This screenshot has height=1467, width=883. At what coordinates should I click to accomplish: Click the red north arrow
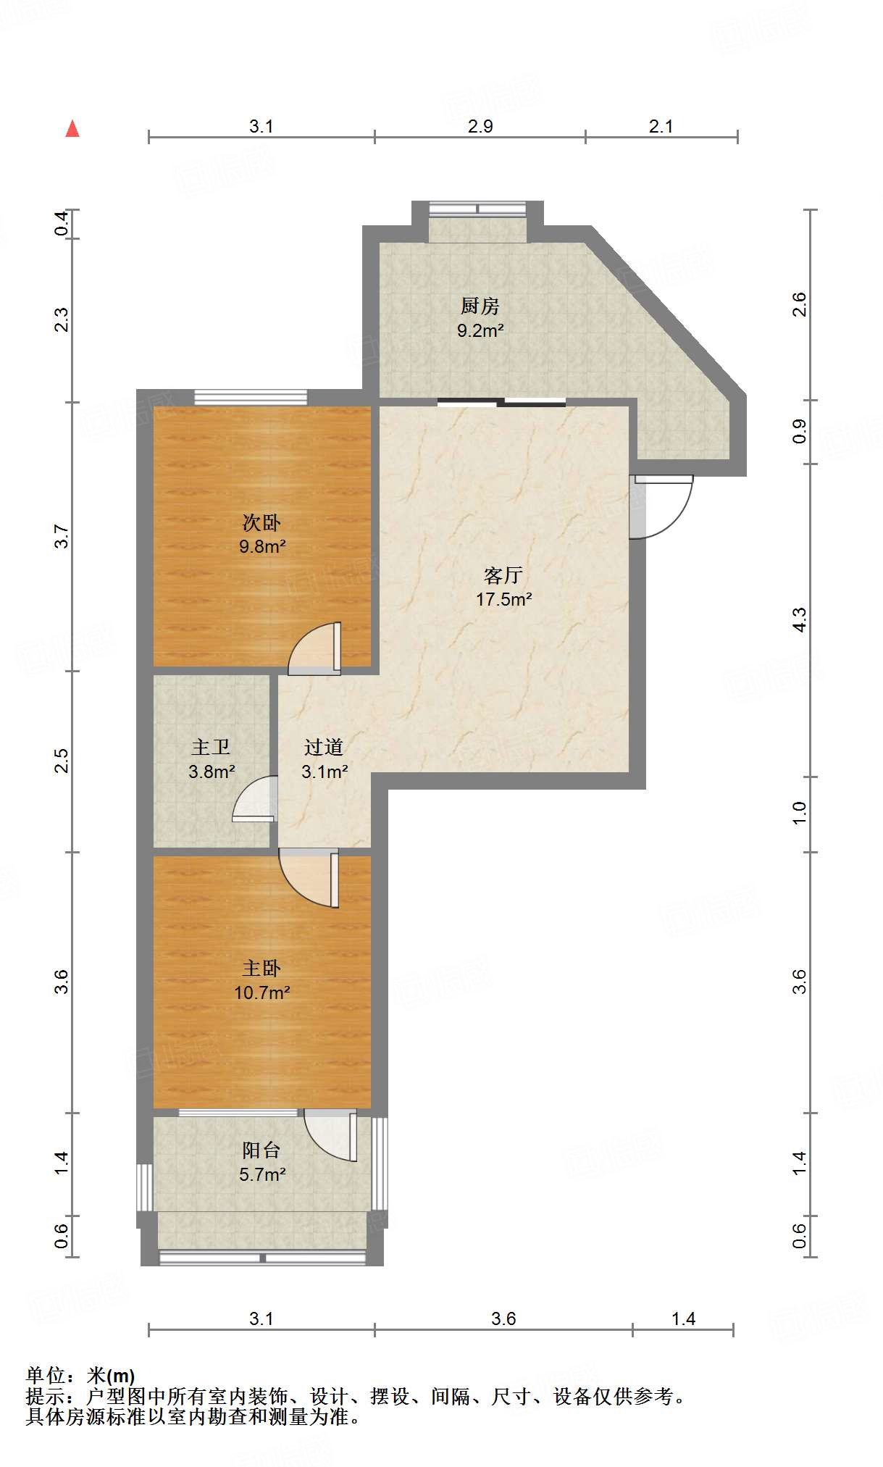72,129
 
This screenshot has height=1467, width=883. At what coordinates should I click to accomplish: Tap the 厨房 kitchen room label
480,306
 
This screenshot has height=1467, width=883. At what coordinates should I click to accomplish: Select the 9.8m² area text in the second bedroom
262,546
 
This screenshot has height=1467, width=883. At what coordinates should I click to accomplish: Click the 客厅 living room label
503,576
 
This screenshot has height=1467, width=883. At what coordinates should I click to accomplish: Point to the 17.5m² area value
503,599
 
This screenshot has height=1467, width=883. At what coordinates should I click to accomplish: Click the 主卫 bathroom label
211,748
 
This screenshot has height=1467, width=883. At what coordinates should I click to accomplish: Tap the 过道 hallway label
324,748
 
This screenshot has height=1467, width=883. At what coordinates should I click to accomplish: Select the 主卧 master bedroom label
261,969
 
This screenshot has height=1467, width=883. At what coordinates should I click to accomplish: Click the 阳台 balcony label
261,1150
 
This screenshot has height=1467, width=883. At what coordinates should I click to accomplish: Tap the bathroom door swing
255,798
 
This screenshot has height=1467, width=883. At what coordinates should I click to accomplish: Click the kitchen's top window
477,209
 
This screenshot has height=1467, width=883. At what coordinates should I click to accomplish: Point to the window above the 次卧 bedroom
251,397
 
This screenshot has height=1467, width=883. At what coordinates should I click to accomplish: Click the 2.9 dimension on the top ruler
480,127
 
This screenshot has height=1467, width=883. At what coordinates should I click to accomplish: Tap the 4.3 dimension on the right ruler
798,620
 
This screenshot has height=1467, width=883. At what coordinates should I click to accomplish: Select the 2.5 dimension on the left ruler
62,761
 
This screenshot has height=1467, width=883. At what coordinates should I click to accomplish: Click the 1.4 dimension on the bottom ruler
683,1319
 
